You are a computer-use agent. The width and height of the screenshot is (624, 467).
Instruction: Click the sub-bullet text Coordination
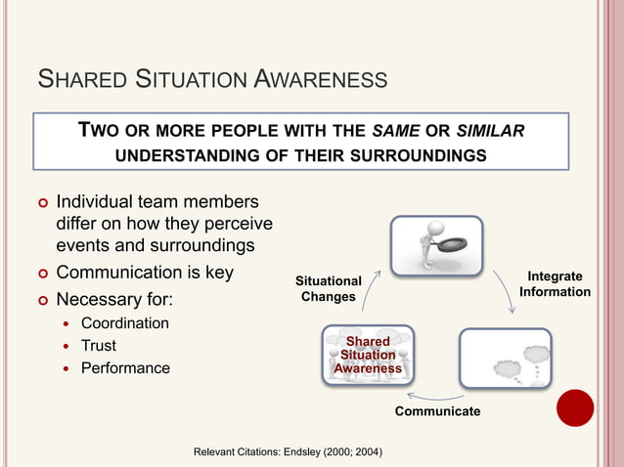click(x=124, y=323)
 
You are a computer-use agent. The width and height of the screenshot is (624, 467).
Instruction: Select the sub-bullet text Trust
click(x=99, y=346)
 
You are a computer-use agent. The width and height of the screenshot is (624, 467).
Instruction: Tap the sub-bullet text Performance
click(x=125, y=368)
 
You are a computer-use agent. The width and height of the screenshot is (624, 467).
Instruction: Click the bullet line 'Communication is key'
click(x=145, y=273)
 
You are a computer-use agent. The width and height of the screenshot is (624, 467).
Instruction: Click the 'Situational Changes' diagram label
click(x=329, y=288)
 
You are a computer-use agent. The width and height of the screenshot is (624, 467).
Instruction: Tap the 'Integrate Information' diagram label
click(x=555, y=284)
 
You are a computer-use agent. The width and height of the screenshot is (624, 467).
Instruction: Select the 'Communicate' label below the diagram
click(x=437, y=411)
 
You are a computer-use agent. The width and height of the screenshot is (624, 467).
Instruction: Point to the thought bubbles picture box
click(x=505, y=359)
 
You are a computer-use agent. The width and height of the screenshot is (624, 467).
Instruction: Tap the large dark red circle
click(x=575, y=407)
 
